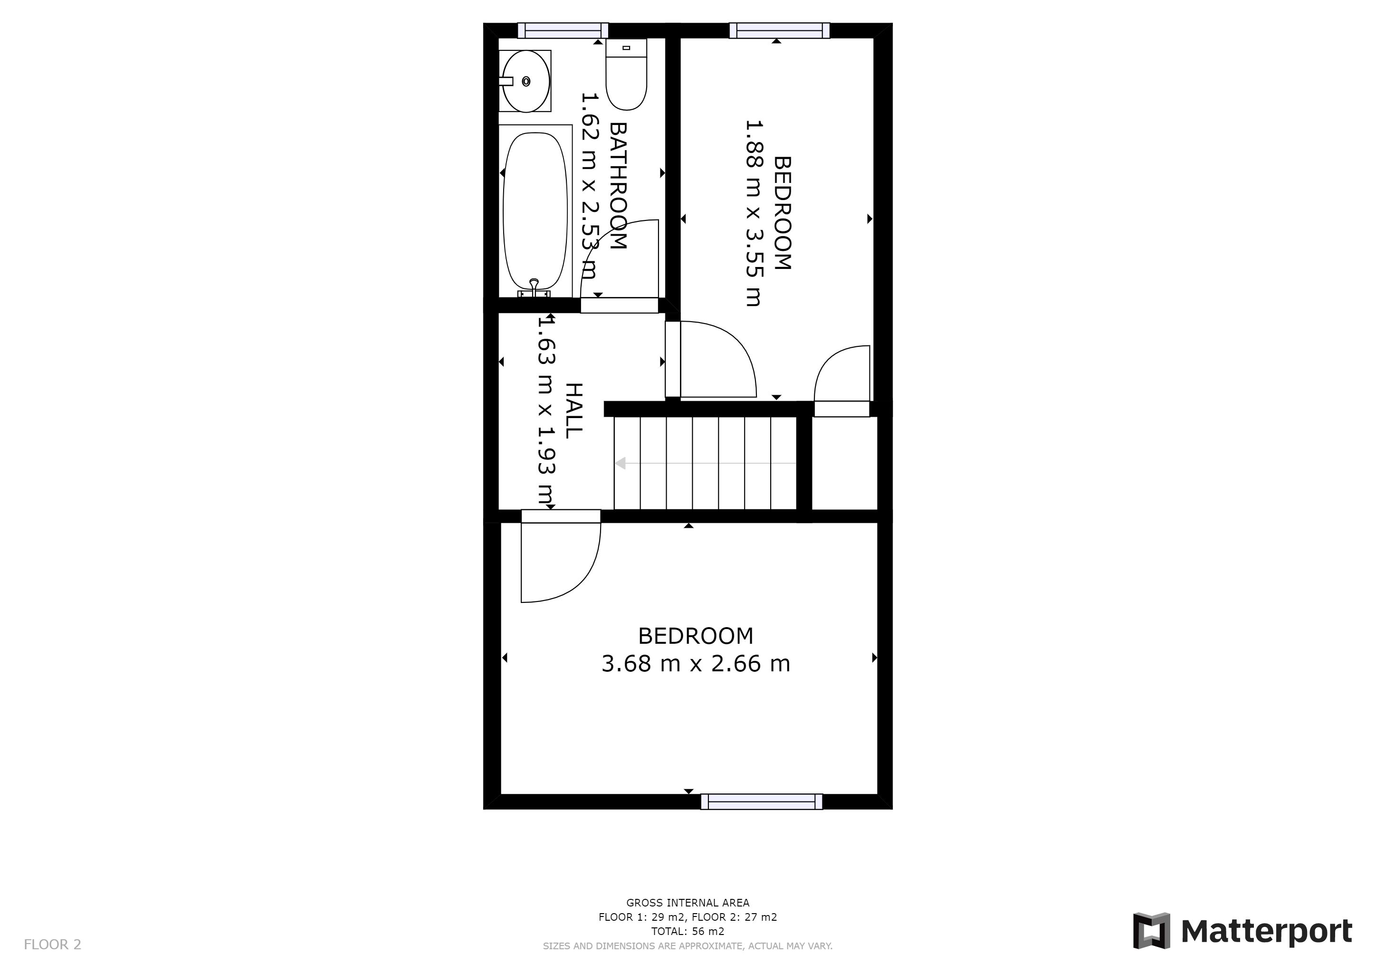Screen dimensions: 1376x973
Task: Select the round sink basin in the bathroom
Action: click(x=526, y=81)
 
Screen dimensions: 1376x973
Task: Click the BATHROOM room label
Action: click(x=618, y=186)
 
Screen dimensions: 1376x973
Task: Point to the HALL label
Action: click(x=573, y=410)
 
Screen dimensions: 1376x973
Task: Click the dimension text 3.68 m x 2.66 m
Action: click(x=696, y=664)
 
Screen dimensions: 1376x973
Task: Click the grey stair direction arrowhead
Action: click(x=620, y=463)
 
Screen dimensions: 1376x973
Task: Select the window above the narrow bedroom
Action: click(x=780, y=30)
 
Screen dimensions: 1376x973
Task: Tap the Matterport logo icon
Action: click(x=1151, y=931)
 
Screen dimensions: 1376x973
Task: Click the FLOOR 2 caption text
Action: click(x=52, y=945)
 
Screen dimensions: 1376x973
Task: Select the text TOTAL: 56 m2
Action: click(x=688, y=932)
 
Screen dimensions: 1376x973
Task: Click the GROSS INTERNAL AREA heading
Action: click(x=688, y=903)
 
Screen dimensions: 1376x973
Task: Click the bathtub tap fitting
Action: click(x=534, y=289)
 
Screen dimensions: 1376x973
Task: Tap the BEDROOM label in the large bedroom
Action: click(x=696, y=636)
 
